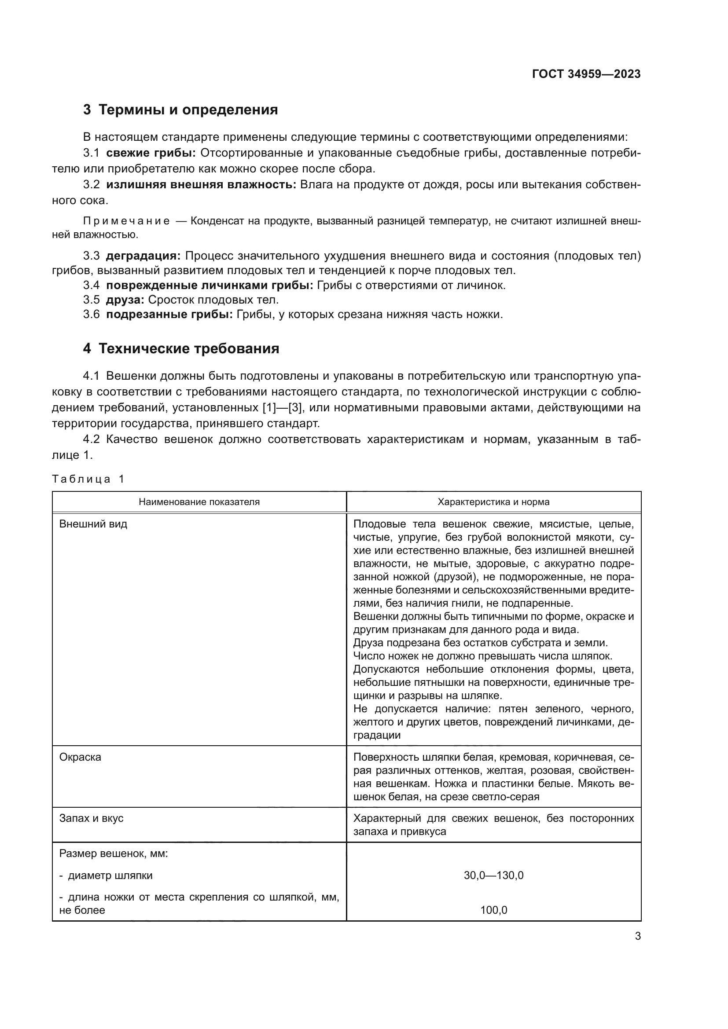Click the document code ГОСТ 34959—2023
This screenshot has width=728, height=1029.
[x=586, y=74]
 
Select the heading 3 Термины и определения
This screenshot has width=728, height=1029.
[x=180, y=110]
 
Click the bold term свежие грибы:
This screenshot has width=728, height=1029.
[x=151, y=153]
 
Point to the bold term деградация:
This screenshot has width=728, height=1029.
[x=143, y=256]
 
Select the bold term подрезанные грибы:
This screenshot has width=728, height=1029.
[x=169, y=315]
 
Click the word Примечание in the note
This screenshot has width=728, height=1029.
[x=126, y=221]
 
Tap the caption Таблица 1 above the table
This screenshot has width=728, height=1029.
[x=88, y=479]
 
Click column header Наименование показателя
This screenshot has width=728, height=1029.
[x=199, y=502]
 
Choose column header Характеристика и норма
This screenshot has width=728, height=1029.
[x=493, y=502]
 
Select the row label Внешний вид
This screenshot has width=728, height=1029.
[x=93, y=524]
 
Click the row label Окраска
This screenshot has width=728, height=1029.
[x=80, y=757]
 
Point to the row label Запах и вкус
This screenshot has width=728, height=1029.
[x=92, y=818]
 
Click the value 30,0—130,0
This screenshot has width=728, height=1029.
[x=493, y=875]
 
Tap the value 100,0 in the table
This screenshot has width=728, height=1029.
[x=493, y=910]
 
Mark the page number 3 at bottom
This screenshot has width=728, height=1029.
[x=637, y=936]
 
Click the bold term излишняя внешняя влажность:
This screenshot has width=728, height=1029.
[x=201, y=185]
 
